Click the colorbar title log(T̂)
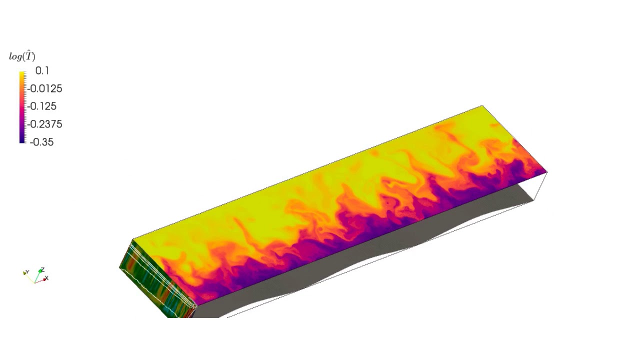22,56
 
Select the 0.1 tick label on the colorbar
42,71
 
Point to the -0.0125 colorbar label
45,89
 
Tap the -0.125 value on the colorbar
43,106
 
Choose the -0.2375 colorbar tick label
45,124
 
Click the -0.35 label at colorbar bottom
41,142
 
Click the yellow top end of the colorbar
22,74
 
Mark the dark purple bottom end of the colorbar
22,140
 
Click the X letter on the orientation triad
47,278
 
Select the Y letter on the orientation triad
27,272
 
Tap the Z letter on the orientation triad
43,270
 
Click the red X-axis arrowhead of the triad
44,279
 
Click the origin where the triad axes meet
34,282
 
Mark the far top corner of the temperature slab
482,105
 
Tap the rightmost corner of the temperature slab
547,172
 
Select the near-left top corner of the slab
133,240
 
